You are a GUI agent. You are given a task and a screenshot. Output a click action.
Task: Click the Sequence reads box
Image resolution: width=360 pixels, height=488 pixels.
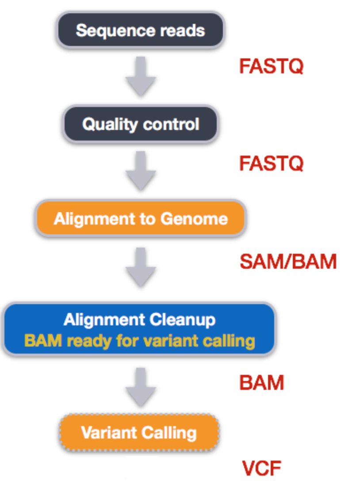pyautogui.click(x=141, y=30)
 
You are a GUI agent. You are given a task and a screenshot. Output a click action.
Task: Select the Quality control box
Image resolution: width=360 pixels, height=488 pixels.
pyautogui.click(x=141, y=124)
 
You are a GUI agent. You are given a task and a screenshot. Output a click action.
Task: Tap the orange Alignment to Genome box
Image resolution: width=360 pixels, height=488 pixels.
pyautogui.click(x=141, y=218)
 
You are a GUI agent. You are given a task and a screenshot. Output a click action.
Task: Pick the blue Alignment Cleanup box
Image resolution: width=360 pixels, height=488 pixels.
pyautogui.click(x=139, y=329)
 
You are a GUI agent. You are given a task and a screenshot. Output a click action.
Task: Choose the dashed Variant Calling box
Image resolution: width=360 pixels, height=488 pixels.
pyautogui.click(x=139, y=433)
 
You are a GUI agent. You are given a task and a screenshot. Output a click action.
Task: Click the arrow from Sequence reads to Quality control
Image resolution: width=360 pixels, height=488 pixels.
pyautogui.click(x=141, y=76)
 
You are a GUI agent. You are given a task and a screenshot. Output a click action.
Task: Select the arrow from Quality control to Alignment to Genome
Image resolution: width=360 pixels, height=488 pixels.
pyautogui.click(x=141, y=171)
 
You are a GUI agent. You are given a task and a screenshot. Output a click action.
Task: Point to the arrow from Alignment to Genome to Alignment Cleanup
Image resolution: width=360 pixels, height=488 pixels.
pyautogui.click(x=141, y=267)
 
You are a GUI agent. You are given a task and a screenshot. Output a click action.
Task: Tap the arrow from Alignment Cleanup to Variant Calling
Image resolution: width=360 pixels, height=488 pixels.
pyautogui.click(x=141, y=387)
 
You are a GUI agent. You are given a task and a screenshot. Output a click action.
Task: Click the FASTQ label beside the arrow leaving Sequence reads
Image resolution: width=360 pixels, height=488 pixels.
pyautogui.click(x=271, y=66)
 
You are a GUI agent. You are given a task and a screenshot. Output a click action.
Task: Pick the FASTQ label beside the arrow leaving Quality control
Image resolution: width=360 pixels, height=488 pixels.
pyautogui.click(x=271, y=163)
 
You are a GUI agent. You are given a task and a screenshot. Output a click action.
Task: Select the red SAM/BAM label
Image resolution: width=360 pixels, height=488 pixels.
pyautogui.click(x=288, y=261)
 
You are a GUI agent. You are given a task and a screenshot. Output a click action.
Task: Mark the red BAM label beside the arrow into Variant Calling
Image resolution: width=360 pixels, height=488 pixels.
pyautogui.click(x=261, y=382)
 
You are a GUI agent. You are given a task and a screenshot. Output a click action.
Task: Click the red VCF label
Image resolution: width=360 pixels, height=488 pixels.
pyautogui.click(x=261, y=468)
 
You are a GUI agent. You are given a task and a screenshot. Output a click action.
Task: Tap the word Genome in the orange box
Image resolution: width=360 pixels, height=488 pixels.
pyautogui.click(x=194, y=219)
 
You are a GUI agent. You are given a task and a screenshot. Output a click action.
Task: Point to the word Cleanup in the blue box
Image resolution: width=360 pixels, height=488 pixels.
pyautogui.click(x=182, y=320)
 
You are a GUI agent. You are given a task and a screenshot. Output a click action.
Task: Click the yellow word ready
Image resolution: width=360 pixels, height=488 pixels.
pyautogui.click(x=89, y=341)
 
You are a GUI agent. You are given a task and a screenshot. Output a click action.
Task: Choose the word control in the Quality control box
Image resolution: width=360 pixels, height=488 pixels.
pyautogui.click(x=171, y=124)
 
